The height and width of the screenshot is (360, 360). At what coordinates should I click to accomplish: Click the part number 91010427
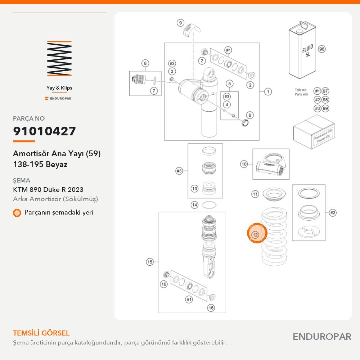tap(44, 131)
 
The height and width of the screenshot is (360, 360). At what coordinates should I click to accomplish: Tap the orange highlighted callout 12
tap(257, 233)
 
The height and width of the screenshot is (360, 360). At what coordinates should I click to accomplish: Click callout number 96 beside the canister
tap(321, 49)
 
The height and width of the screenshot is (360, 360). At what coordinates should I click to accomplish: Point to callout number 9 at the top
tap(180, 23)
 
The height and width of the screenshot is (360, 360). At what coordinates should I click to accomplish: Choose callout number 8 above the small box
tap(145, 63)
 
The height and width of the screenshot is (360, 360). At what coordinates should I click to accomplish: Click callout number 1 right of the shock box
tap(268, 91)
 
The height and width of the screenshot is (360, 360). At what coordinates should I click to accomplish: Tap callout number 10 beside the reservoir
tap(244, 164)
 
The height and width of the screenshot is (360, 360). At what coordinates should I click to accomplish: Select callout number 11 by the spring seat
tap(255, 194)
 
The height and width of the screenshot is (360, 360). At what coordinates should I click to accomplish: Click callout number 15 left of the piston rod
tap(150, 262)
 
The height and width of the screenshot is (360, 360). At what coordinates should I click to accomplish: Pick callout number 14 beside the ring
tap(194, 205)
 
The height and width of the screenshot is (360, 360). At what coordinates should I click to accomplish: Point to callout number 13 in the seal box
tap(194, 189)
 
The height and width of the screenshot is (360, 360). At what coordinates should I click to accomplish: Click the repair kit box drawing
tap(314, 132)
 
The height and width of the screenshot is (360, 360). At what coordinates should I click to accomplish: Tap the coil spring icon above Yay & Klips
tap(59, 58)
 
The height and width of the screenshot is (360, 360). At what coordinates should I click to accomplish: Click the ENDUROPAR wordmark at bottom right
tap(322, 337)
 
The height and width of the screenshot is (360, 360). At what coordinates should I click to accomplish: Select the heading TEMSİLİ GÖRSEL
tap(41, 333)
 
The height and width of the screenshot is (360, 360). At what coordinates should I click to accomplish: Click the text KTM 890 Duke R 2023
tap(48, 190)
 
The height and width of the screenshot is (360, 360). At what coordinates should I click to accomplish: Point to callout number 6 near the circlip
tap(250, 115)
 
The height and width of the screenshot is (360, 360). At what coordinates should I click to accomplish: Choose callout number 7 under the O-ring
tap(154, 91)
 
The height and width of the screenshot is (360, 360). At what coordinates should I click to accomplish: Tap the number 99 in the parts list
tap(325, 108)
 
